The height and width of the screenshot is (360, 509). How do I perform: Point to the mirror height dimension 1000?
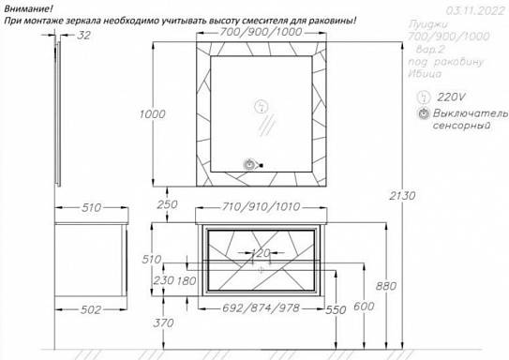point(152,113)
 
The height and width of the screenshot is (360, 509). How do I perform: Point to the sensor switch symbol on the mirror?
point(249,165)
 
